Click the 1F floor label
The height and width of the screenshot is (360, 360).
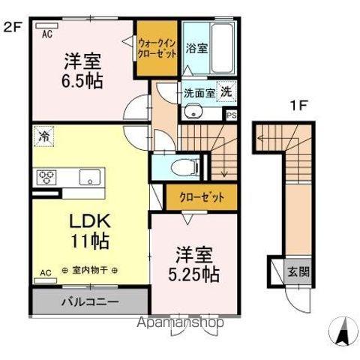(298, 106)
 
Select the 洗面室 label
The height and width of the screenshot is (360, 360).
(199, 93)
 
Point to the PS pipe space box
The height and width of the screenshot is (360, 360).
(232, 115)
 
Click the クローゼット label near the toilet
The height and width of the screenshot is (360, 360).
(201, 198)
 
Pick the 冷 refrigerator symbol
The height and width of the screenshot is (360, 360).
(43, 138)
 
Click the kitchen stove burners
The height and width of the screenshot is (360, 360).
(45, 178)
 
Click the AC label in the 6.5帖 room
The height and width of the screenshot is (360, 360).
(46, 34)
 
